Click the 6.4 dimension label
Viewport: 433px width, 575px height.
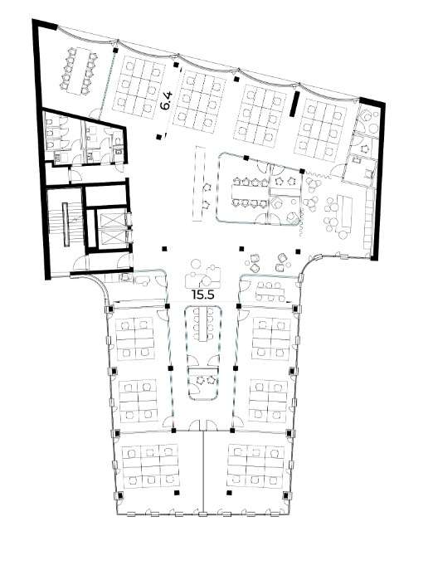pyautogui.click(x=167, y=100)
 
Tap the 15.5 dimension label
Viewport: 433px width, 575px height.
pyautogui.click(x=202, y=294)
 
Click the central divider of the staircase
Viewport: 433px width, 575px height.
pyautogui.click(x=66, y=224)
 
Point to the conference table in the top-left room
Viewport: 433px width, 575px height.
pyautogui.click(x=80, y=70)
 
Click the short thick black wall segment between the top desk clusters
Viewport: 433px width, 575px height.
pyautogui.click(x=294, y=105)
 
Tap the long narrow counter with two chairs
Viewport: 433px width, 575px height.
pyautogui.click(x=199, y=183)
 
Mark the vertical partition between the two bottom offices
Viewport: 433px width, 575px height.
pyautogui.click(x=203, y=471)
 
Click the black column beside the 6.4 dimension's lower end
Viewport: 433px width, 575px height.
pyautogui.click(x=158, y=137)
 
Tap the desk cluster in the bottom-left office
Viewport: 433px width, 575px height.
pyautogui.click(x=150, y=466)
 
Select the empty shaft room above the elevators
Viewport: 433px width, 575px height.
pyautogui.click(x=106, y=196)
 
